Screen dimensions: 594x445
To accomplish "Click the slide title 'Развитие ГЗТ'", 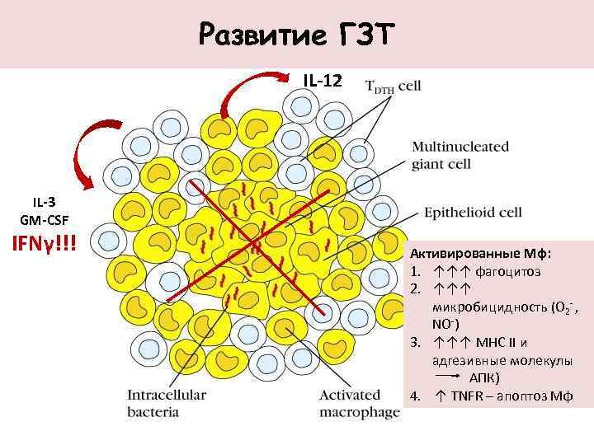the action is click(x=297, y=35).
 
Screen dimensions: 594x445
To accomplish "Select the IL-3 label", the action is click(x=45, y=202).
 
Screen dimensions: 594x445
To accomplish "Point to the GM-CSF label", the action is click(x=45, y=219).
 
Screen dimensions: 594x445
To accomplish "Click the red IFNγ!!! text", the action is click(x=42, y=243).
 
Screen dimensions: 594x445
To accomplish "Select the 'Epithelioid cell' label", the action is click(x=473, y=212).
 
